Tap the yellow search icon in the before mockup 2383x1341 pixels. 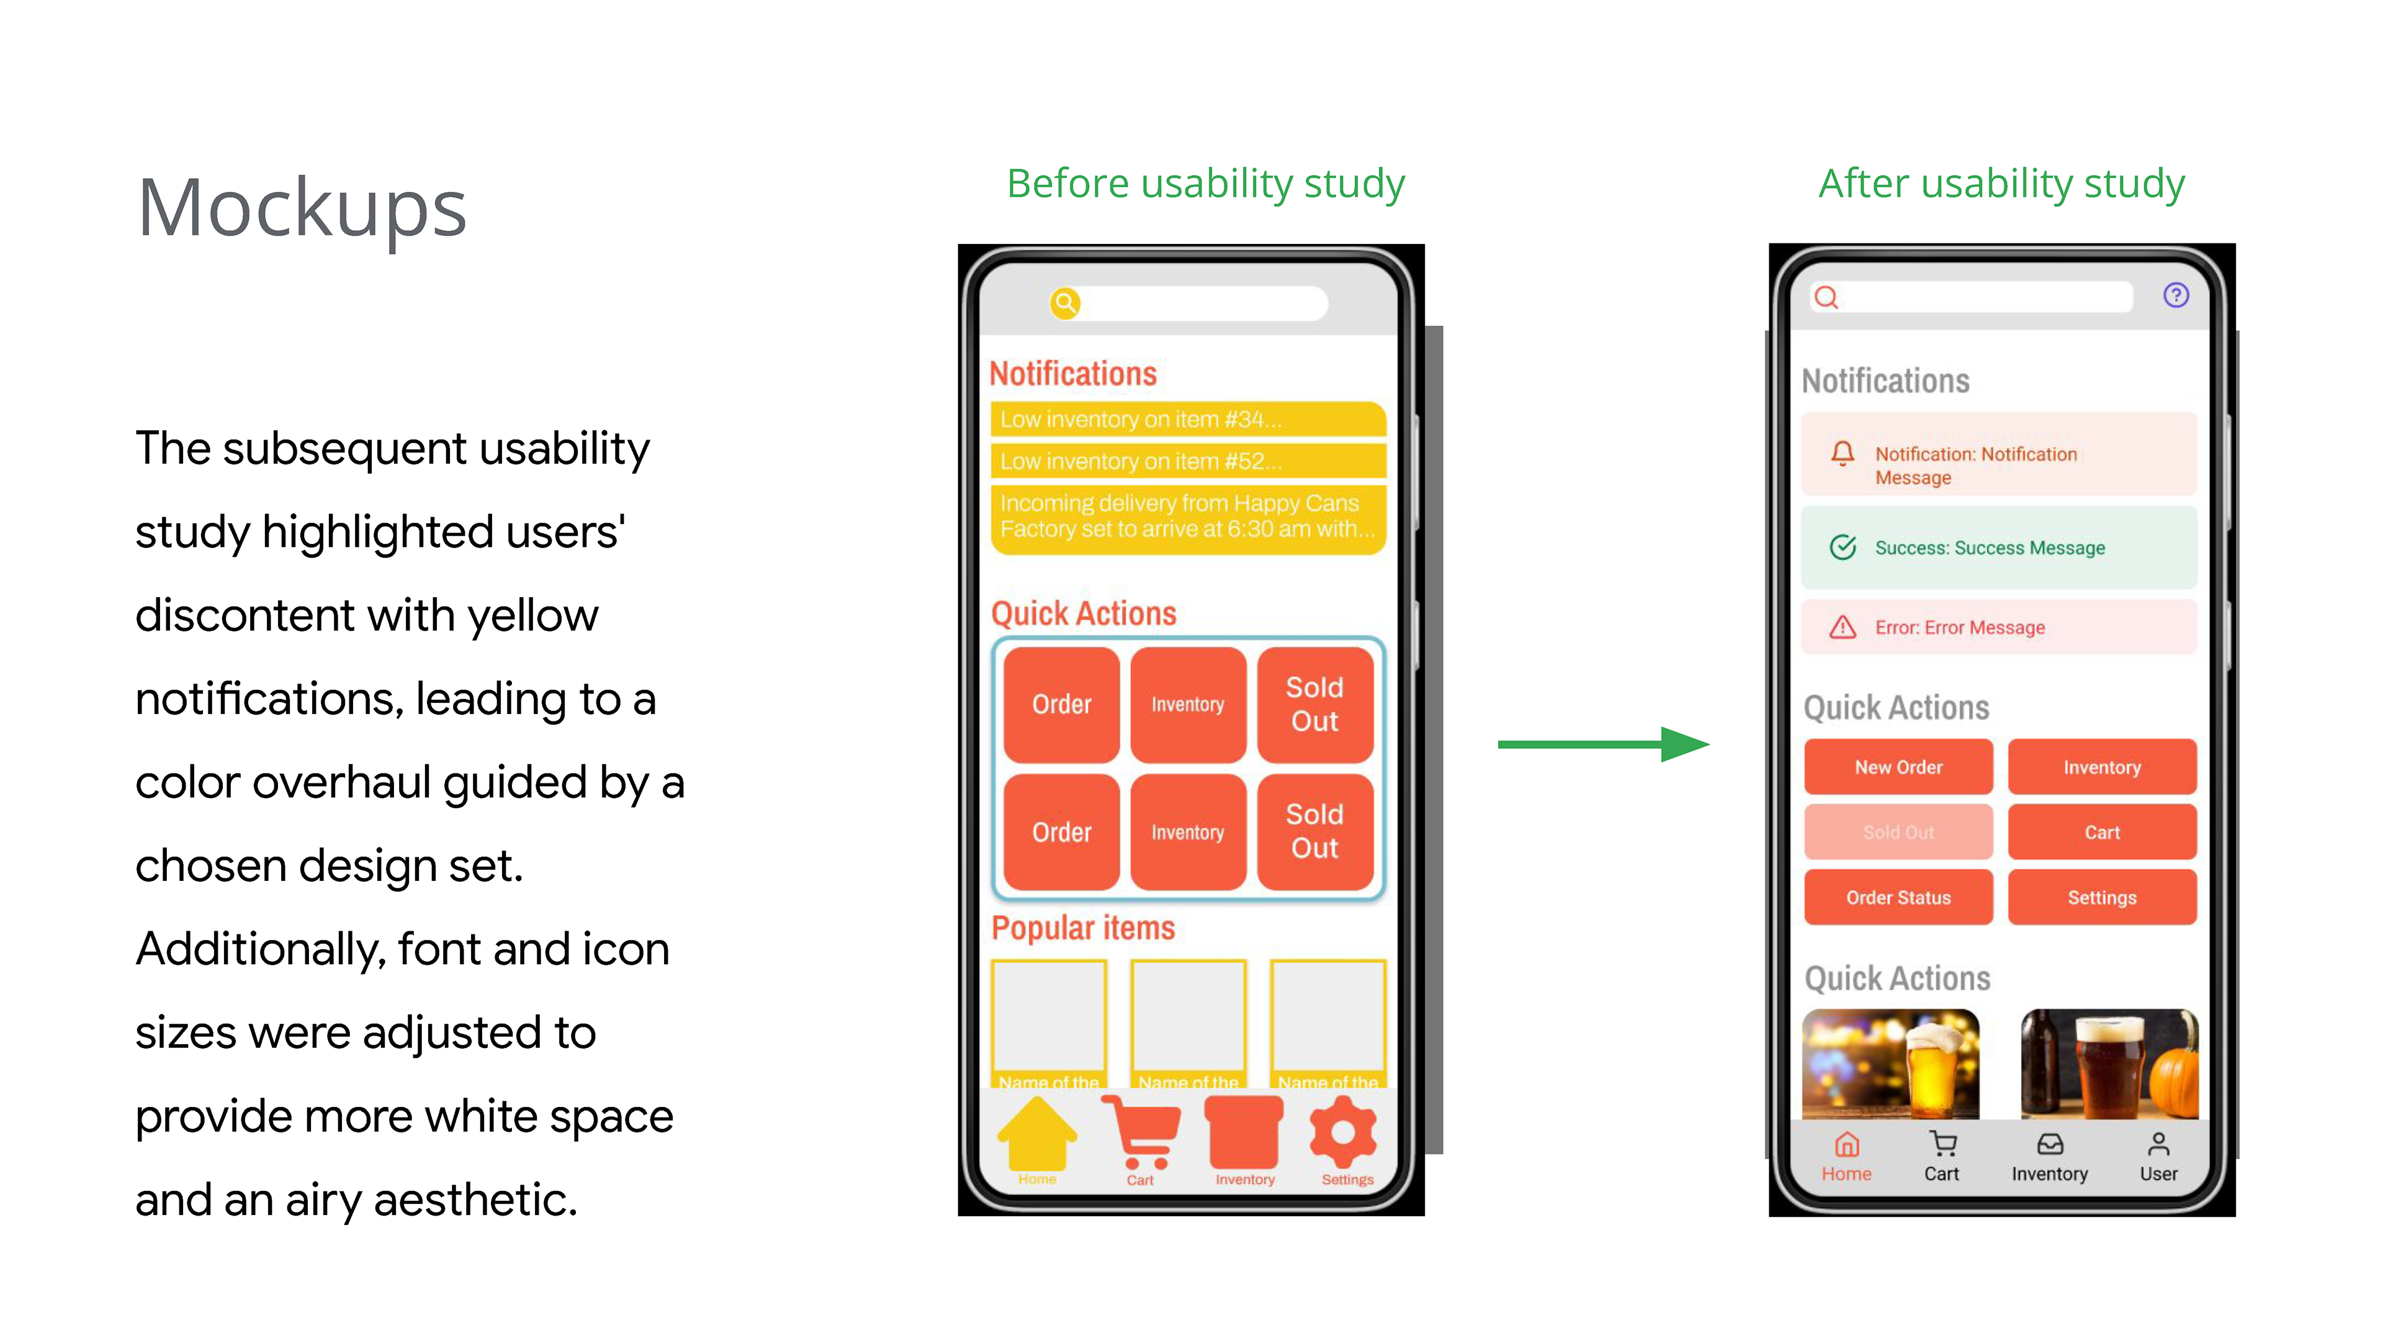(x=1066, y=302)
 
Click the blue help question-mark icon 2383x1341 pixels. (x=2176, y=296)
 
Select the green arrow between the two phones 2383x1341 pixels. (x=1602, y=744)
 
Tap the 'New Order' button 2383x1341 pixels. (x=1898, y=767)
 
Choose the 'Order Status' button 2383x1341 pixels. (x=1898, y=898)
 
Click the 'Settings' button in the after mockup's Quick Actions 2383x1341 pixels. (x=2102, y=898)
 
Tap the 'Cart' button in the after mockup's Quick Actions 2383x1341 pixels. (x=2102, y=832)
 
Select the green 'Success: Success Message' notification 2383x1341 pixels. (x=1998, y=548)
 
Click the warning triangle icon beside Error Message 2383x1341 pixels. (x=1842, y=628)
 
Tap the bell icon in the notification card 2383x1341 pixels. (x=1842, y=453)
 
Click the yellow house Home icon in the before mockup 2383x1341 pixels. (x=1037, y=1134)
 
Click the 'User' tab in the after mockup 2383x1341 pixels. (x=2158, y=1157)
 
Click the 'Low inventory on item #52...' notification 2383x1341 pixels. (x=1188, y=461)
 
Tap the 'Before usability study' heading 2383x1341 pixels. (x=1205, y=183)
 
